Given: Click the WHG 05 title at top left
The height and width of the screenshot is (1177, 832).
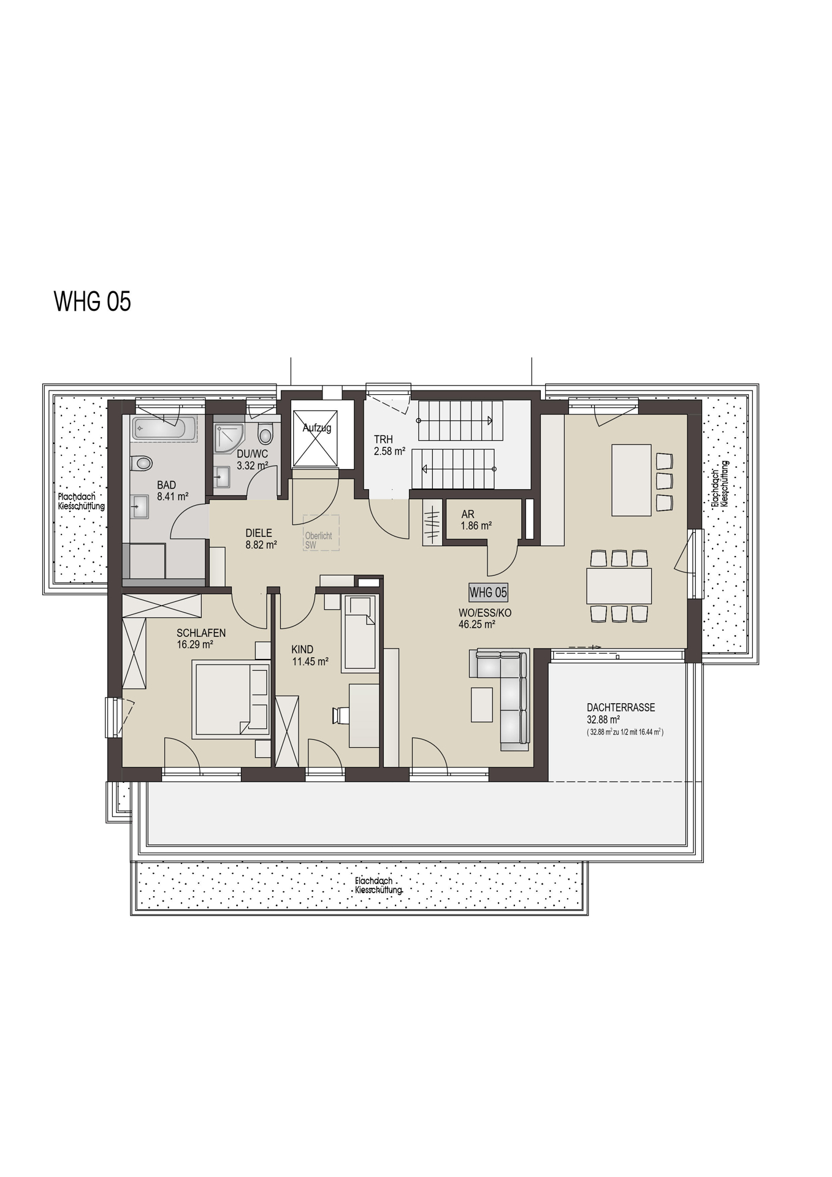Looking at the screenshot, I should coord(93,302).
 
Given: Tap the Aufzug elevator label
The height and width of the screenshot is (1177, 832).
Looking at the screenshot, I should coord(316,428).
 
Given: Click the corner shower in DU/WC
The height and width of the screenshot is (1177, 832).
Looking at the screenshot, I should coord(228,437).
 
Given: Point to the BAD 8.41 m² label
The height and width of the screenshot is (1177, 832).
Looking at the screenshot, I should coord(171,491).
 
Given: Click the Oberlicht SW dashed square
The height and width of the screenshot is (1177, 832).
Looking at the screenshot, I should coord(321,533).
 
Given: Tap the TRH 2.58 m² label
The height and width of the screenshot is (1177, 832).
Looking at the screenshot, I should coord(389,446).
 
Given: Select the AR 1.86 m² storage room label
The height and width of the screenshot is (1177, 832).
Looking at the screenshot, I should coord(476,520).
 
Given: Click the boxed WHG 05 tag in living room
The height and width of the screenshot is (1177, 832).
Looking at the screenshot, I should coord(488,592).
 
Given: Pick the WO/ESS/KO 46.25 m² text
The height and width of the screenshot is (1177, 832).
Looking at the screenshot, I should coord(484,619).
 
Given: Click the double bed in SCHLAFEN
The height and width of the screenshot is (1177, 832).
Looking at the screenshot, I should coord(232,699).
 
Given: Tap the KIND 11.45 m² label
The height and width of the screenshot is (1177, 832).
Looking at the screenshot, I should coord(310,655).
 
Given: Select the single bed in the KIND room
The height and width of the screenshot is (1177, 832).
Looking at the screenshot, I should coord(361,633).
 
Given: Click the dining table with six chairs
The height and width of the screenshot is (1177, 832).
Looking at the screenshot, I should coord(619,586).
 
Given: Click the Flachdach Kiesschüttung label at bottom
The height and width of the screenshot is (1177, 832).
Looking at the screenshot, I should coord(378,885).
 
